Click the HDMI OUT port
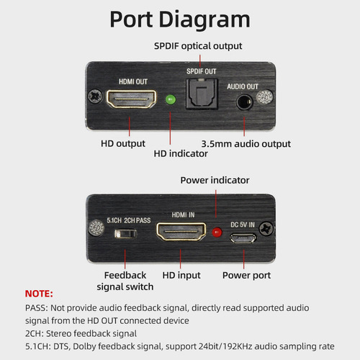131,99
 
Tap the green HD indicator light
171,99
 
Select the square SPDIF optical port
202,94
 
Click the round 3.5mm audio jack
245,102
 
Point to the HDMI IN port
181,231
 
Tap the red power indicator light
217,232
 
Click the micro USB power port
243,238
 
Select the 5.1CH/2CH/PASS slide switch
125,234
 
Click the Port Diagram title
180,19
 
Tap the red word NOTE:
39,294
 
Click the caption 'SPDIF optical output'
198,46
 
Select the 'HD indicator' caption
181,153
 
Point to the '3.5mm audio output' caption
246,144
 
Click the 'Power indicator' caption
215,180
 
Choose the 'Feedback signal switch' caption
125,281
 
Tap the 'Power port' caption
246,276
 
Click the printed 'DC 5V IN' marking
243,225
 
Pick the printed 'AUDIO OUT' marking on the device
243,86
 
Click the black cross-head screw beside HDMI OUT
95,96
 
